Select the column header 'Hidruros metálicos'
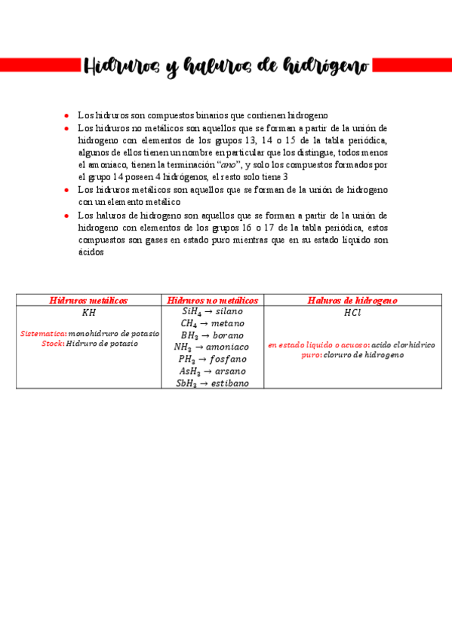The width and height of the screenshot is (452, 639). coord(88,300)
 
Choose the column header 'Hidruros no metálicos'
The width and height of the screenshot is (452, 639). coord(213,300)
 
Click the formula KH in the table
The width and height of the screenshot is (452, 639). coord(88,312)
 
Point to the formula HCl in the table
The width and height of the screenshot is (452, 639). coord(352,312)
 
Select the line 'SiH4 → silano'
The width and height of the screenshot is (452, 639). coord(213,310)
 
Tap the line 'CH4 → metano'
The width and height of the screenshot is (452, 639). coord(213,323)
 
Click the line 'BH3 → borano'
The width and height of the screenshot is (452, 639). coord(213,335)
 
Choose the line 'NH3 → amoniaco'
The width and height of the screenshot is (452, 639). coord(213,347)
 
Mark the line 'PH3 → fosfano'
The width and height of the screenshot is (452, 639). coord(213,359)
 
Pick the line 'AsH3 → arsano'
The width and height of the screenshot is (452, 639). coord(213,371)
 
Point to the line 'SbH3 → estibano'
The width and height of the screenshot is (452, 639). coord(213,383)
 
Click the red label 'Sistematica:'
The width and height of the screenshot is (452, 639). coord(43,332)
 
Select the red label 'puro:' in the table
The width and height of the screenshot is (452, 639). coord(311,354)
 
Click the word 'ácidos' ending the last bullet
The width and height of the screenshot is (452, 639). coord(90,252)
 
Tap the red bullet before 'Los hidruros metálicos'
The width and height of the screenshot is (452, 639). coord(67,190)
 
